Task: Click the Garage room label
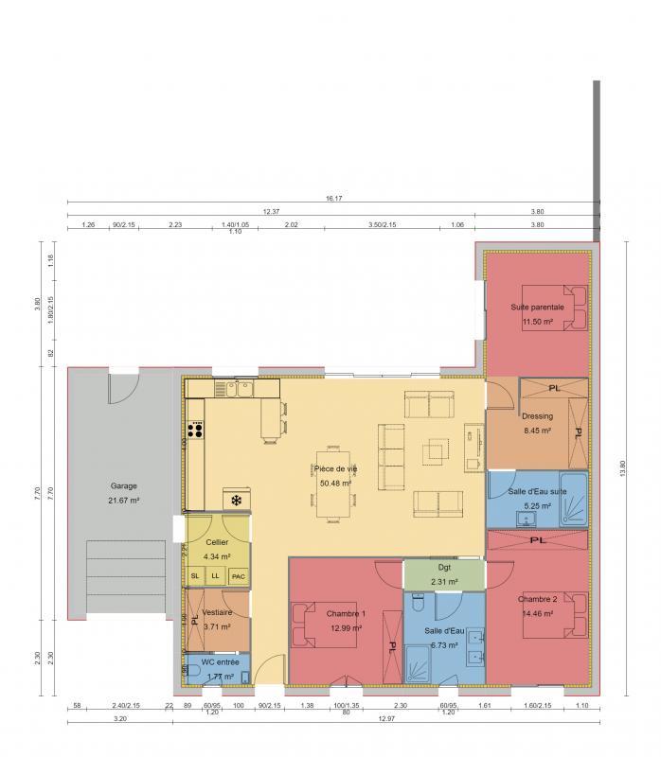pos(124,485)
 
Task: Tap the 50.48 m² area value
pos(336,483)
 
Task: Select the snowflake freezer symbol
pos(236,499)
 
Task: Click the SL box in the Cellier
pos(195,575)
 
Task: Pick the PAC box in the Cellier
pos(239,575)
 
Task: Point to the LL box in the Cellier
pos(216,575)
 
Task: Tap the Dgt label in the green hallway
pos(444,568)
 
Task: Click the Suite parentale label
pos(537,308)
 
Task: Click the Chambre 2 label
pos(537,599)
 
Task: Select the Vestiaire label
pos(219,611)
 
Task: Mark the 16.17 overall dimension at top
pos(333,199)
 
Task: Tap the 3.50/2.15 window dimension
pos(384,225)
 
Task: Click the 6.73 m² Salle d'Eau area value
pos(444,645)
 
